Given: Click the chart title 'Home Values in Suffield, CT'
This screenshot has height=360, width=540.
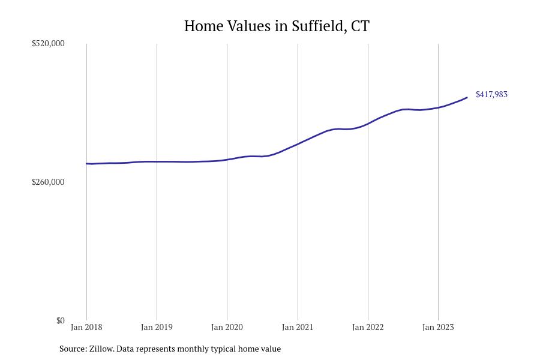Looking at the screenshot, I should tap(277, 26).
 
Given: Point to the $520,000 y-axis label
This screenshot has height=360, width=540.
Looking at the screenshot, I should tap(48, 44).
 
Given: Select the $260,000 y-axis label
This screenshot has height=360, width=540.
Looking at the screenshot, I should tap(48, 182).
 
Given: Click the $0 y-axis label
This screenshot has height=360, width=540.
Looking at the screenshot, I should tap(60, 321).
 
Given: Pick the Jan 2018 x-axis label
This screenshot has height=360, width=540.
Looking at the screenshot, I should tap(86, 328).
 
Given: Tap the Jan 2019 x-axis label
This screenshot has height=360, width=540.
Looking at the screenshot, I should tap(157, 328).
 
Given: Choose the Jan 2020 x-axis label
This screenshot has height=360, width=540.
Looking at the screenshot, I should tap(227, 328).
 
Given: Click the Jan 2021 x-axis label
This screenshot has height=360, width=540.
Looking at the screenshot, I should tap(298, 328).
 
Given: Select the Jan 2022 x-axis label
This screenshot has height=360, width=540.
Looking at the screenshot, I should tap(368, 328).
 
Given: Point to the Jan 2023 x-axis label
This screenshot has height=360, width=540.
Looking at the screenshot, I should tap(438, 328).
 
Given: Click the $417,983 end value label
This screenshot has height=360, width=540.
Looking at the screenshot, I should tap(491, 95).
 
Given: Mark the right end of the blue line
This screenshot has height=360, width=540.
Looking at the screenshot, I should tap(467, 98).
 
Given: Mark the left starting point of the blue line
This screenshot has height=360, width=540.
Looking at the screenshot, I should tap(87, 164).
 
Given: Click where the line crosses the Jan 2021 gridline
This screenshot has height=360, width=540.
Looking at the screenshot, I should tap(298, 144).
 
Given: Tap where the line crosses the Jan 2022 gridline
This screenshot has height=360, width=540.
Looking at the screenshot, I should tap(368, 123).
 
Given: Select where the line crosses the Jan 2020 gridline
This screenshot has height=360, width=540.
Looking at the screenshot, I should tap(227, 160).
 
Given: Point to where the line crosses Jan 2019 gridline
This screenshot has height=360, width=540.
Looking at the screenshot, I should tap(157, 161).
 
